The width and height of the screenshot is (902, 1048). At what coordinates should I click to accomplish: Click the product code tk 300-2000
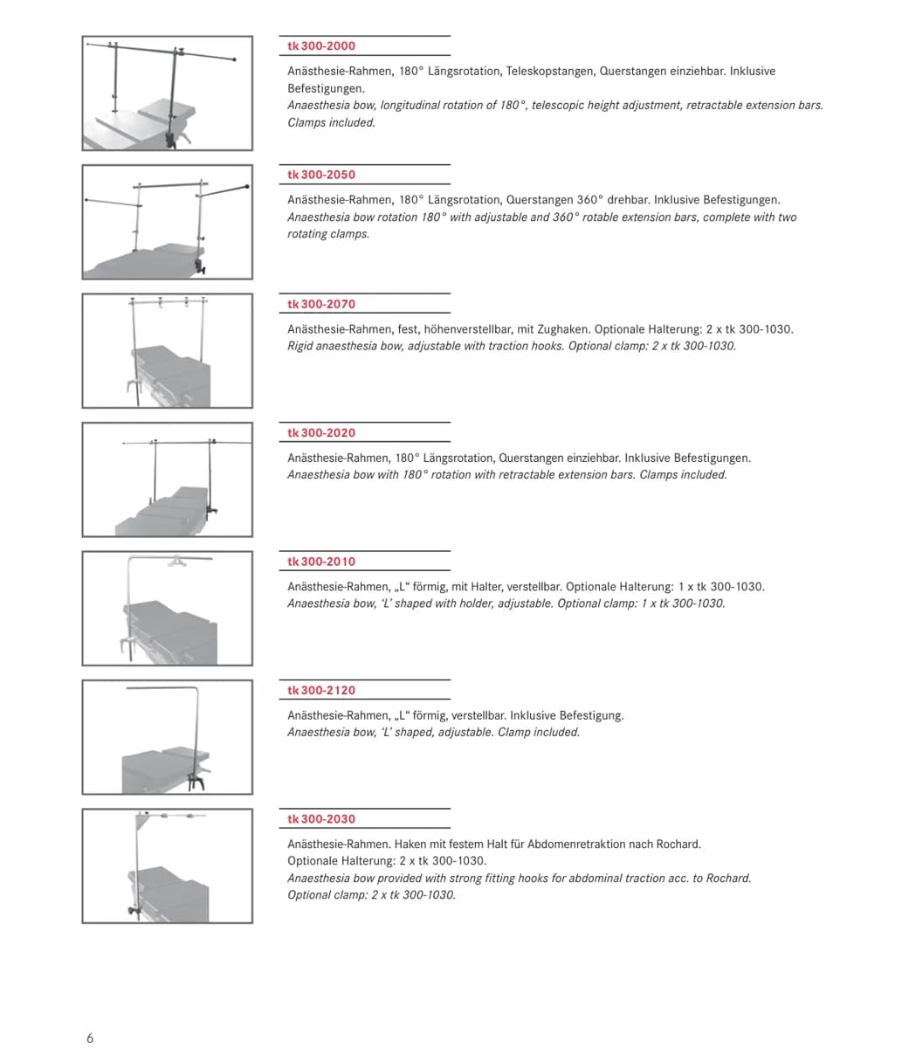pyautogui.click(x=321, y=45)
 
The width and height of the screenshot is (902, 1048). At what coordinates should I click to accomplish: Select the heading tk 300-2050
pyautogui.click(x=321, y=175)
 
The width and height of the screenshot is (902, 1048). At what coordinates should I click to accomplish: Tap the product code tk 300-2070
pyautogui.click(x=321, y=304)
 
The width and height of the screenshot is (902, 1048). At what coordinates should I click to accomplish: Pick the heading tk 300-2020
pyautogui.click(x=321, y=432)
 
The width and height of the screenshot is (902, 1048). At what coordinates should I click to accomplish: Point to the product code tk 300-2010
pyautogui.click(x=321, y=562)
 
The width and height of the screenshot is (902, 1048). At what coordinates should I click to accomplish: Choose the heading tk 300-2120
pyautogui.click(x=321, y=690)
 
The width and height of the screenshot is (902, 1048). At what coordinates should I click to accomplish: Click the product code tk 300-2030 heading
pyautogui.click(x=321, y=819)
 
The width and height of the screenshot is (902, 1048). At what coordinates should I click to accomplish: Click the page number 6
pyautogui.click(x=90, y=1038)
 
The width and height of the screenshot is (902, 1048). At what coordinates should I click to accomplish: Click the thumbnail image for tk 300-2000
pyautogui.click(x=168, y=93)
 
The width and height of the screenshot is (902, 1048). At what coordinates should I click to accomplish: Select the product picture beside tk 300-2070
pyautogui.click(x=168, y=351)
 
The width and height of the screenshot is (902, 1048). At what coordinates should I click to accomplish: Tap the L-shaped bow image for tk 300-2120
pyautogui.click(x=168, y=737)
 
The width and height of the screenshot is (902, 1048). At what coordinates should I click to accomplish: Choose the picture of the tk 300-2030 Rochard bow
pyautogui.click(x=168, y=866)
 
